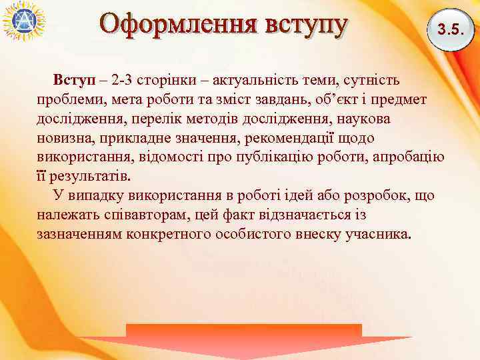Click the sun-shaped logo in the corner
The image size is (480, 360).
pos(23,23)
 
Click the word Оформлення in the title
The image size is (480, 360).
pos(178,25)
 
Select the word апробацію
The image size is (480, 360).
pos(407,158)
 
